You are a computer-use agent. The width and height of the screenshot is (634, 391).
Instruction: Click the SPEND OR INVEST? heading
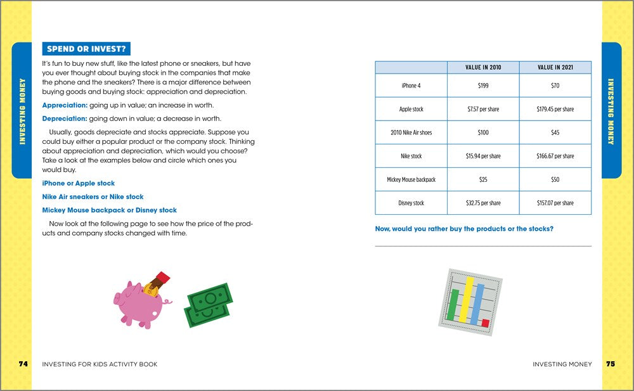[86, 48]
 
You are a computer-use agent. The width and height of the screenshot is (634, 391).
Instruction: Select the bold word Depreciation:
[64, 119]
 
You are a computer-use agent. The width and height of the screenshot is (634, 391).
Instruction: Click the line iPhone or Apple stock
[78, 183]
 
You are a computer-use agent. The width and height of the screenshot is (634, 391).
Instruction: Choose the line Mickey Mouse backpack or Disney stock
[109, 210]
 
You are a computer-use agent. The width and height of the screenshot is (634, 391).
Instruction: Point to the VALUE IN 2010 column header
[482, 67]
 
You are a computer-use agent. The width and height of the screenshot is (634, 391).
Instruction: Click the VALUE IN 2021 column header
[555, 67]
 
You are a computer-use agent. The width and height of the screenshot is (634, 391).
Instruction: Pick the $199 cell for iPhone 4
[482, 86]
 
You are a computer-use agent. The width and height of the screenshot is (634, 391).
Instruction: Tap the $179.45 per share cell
[555, 109]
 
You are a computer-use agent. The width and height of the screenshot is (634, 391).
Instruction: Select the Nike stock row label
[411, 156]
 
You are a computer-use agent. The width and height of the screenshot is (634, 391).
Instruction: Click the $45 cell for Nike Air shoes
[555, 132]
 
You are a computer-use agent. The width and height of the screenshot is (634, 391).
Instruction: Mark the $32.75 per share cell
[482, 203]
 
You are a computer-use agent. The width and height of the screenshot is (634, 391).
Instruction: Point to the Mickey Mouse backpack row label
[411, 179]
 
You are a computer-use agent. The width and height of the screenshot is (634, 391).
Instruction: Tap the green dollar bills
[208, 305]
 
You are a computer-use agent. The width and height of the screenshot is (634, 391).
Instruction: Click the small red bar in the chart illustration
[485, 323]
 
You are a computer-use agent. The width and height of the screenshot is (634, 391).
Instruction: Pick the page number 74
[23, 364]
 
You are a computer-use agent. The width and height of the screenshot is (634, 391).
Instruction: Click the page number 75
[610, 364]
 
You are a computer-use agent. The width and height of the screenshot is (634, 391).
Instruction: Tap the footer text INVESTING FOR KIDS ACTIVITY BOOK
[100, 364]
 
